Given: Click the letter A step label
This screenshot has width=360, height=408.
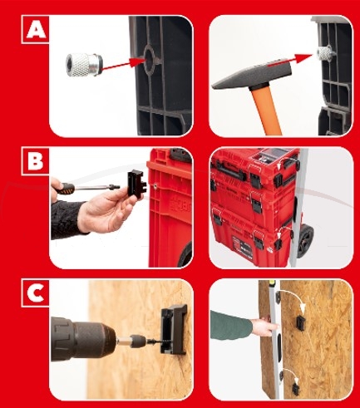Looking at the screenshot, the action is tap(37, 30).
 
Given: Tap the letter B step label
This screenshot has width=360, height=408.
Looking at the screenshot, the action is tap(36, 161).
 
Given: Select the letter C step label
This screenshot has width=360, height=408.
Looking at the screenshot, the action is tap(36, 293).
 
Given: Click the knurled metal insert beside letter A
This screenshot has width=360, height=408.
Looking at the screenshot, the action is tap(84, 65).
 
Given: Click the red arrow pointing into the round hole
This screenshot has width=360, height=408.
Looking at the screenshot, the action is tap(123, 66).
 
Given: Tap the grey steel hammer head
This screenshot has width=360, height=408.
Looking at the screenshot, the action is tap(251, 76).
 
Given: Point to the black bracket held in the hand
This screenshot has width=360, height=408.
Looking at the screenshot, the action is tap(136, 184).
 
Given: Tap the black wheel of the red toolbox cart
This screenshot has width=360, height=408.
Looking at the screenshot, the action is tap(306, 240).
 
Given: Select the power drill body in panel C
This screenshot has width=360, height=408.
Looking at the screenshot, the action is tap(83, 338).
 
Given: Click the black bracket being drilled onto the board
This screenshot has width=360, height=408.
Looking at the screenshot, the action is tap(174, 329).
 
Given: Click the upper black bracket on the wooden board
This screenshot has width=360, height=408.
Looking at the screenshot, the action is tap(301, 323).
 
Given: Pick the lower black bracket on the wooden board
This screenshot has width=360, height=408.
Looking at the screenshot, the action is tap(296, 388).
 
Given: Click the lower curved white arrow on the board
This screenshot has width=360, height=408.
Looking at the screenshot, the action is tap(292, 371).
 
